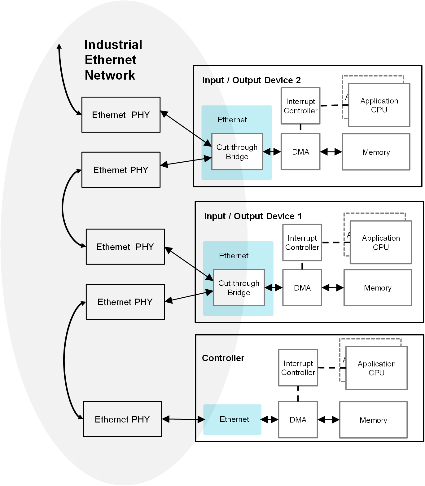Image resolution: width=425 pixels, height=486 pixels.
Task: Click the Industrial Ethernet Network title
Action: pos(113,60)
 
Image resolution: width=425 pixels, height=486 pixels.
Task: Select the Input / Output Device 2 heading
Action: pos(251,80)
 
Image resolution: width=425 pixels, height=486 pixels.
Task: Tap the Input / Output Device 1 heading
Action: pos(253,216)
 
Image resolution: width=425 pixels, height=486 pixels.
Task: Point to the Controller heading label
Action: pos(223,358)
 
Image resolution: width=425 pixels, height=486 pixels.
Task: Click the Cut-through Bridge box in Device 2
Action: pos(237,152)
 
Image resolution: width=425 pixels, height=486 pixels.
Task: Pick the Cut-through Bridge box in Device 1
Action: pos(239,288)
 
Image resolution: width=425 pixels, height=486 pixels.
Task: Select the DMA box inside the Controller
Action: pos(298,420)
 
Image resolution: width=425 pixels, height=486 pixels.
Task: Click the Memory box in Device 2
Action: pos(376,152)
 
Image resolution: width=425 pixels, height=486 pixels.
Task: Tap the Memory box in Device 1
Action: pos(377,288)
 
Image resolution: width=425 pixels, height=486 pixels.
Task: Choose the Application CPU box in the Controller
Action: pos(376,368)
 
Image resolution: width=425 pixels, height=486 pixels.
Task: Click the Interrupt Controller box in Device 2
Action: pos(300,106)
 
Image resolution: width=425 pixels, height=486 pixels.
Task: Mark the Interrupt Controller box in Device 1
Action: pos(302,243)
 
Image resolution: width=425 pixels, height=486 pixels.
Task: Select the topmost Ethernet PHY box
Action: pos(121,115)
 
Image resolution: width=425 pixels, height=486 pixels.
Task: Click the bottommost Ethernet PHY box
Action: pos(122,419)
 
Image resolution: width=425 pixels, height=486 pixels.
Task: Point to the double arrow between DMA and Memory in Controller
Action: pos(328,420)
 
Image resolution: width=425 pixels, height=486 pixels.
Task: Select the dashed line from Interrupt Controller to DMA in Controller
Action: pos(298,394)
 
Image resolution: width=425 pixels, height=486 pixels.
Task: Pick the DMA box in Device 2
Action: pos(300,152)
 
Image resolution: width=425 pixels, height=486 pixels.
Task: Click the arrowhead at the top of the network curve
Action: pos(59,46)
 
